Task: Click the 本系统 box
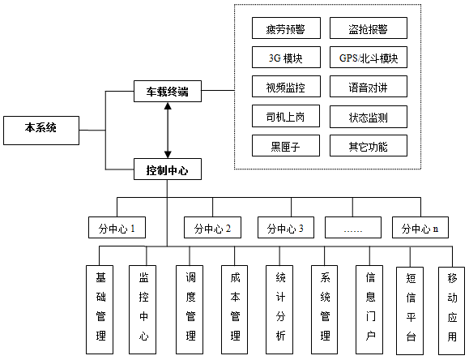click(x=41, y=131)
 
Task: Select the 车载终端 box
click(x=168, y=92)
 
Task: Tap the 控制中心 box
click(x=168, y=169)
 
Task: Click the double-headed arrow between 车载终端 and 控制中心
click(x=168, y=131)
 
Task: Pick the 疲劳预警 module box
click(x=286, y=28)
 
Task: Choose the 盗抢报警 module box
click(x=369, y=28)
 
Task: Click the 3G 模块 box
click(x=286, y=58)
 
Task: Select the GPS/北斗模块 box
click(x=369, y=58)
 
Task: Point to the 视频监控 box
click(x=286, y=87)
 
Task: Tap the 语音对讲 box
click(x=369, y=87)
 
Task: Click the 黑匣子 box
click(x=286, y=146)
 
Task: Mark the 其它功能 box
click(x=369, y=146)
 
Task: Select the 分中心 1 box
click(x=117, y=228)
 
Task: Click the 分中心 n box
click(x=420, y=228)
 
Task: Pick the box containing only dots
click(x=353, y=228)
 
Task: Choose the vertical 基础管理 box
click(x=100, y=310)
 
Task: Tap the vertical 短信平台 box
click(x=410, y=311)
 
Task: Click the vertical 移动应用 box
click(x=452, y=311)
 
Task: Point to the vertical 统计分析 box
click(x=279, y=310)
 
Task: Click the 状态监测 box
click(x=369, y=117)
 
